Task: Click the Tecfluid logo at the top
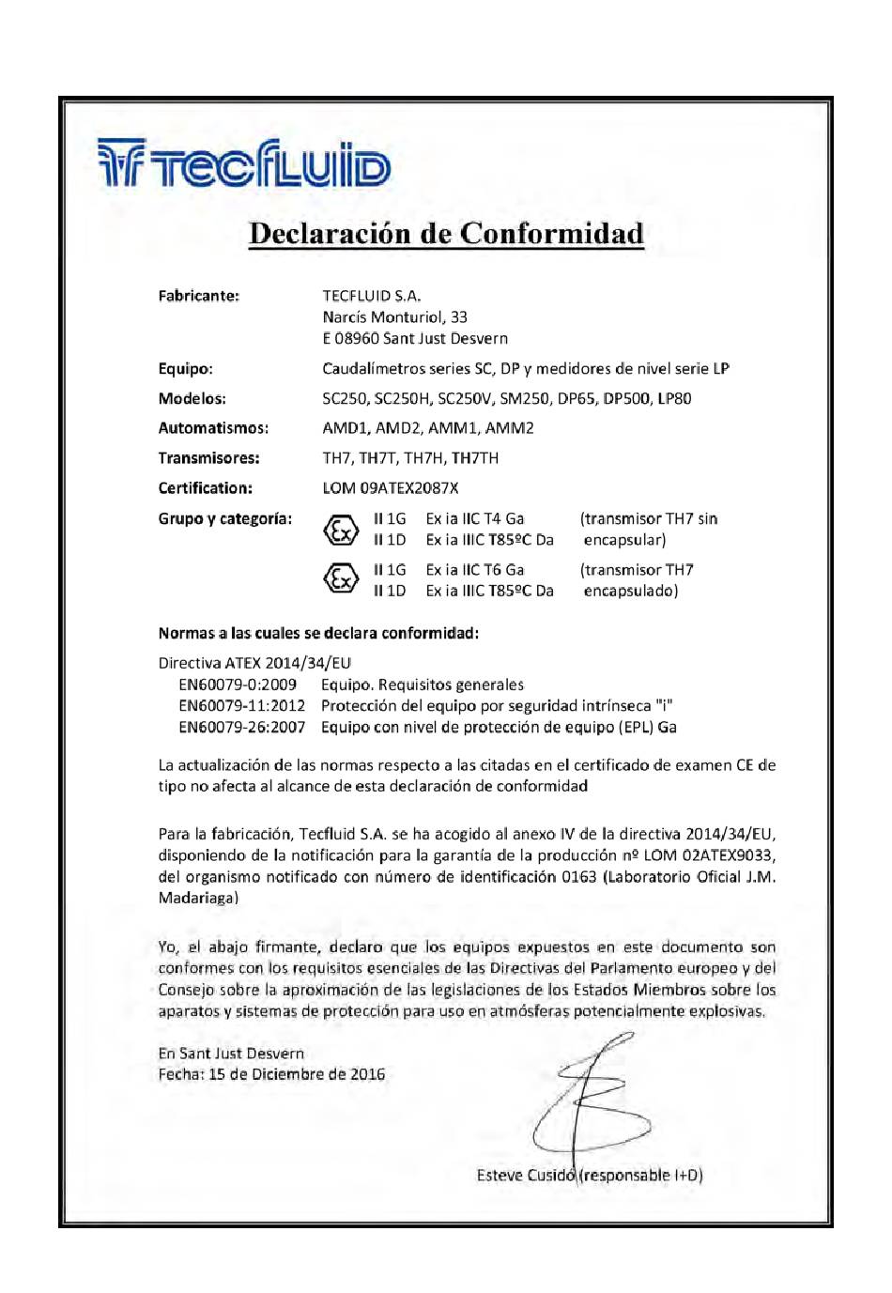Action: click(x=244, y=163)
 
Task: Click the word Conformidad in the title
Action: click(x=552, y=234)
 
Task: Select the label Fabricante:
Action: click(x=198, y=296)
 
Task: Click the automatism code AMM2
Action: click(x=509, y=428)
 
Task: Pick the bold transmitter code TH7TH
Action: click(x=475, y=458)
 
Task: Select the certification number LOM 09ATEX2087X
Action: click(x=390, y=488)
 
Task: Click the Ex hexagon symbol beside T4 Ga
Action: click(x=340, y=530)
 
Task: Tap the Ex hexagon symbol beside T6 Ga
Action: click(x=340, y=579)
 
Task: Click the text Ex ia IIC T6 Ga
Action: click(x=474, y=570)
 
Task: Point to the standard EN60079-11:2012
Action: click(x=241, y=706)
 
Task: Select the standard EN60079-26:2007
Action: click(x=241, y=728)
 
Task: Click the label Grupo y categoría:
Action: click(x=224, y=519)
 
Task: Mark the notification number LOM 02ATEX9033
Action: click(x=715, y=855)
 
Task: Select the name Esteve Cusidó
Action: click(x=525, y=1176)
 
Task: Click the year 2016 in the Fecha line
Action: click(x=367, y=1074)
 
